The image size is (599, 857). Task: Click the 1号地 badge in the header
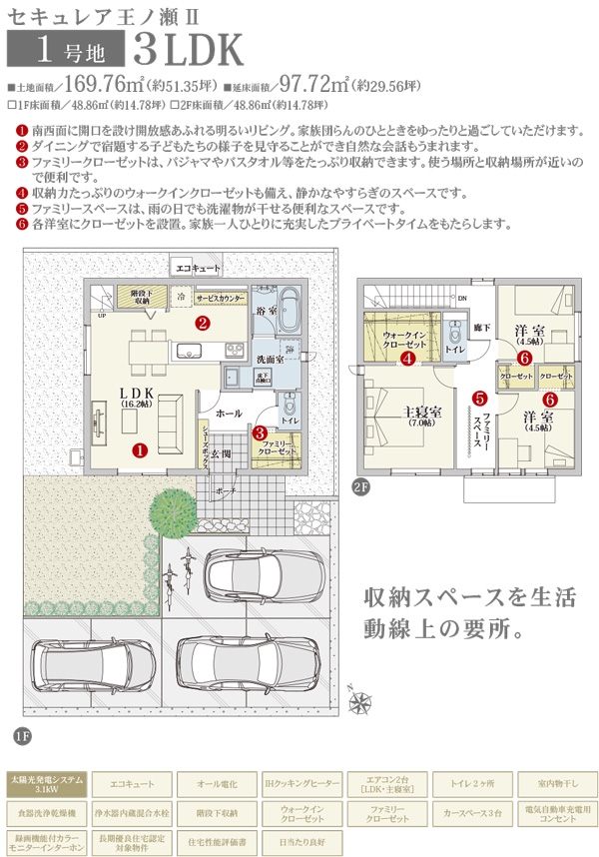[x=65, y=47]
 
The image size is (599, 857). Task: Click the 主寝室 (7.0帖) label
[x=421, y=416]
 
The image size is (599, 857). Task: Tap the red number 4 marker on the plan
[x=407, y=358]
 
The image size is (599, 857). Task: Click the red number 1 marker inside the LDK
[x=140, y=449]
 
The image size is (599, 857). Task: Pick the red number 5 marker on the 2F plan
[x=479, y=398]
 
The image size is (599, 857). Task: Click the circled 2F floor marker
[x=360, y=487]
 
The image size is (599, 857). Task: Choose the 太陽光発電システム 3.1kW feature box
[x=46, y=783]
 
